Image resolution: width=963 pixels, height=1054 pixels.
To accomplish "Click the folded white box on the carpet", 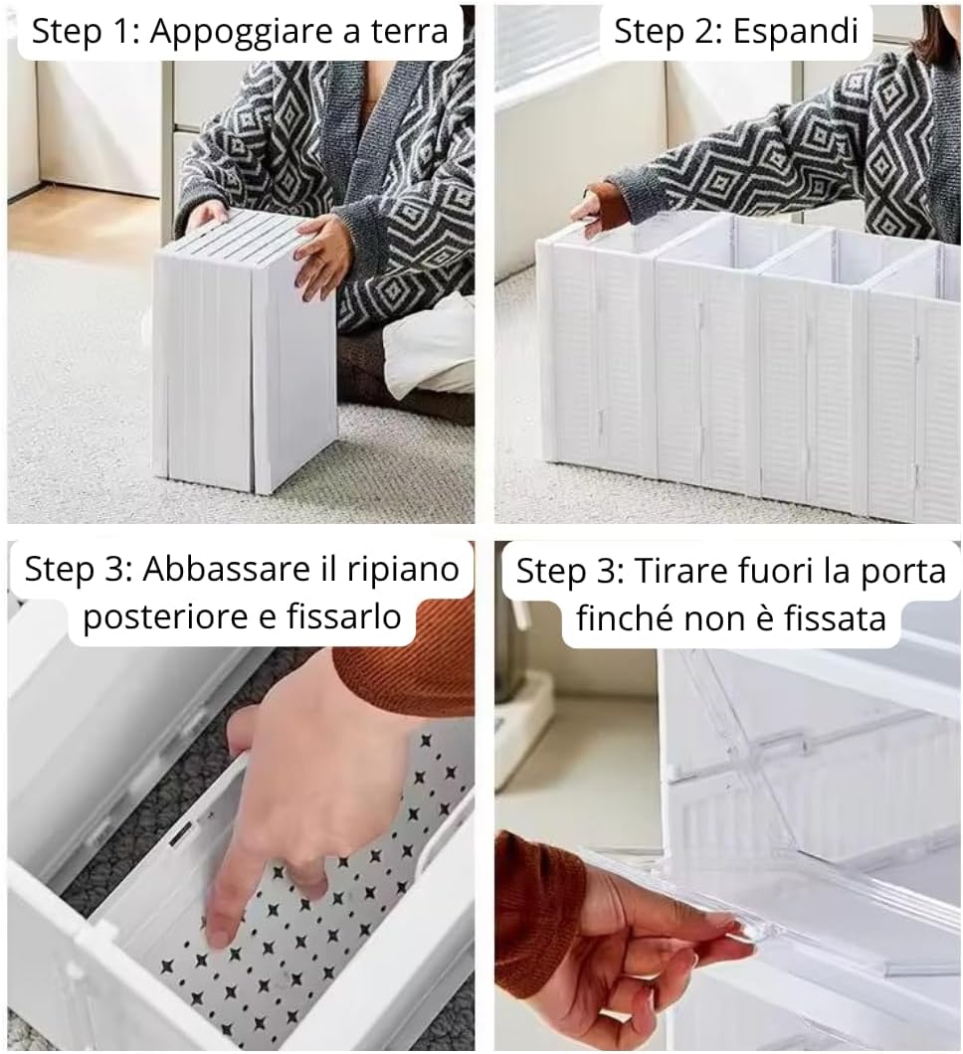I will pyautogui.click(x=244, y=348).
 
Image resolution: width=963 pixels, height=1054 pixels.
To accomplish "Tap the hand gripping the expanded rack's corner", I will pyautogui.click(x=588, y=212).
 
